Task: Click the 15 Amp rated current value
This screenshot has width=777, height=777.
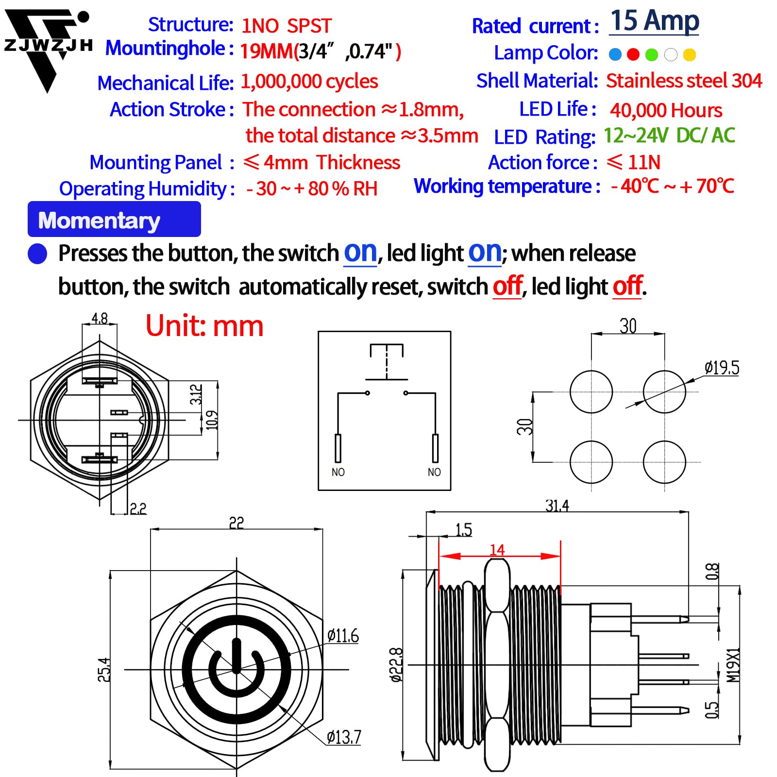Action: coord(654,22)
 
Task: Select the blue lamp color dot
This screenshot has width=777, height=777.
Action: coord(615,54)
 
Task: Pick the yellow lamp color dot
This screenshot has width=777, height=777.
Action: coord(689,54)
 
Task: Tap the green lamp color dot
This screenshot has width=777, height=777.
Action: coord(652,54)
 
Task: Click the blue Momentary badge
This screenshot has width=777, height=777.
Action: coord(114,220)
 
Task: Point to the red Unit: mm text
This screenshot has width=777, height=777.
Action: coord(204,326)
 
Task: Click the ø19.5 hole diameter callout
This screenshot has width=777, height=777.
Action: coord(722,368)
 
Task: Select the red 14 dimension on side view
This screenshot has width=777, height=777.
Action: coord(497,550)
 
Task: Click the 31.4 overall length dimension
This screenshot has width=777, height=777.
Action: coord(557,506)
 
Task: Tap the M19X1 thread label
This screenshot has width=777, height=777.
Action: coord(733,664)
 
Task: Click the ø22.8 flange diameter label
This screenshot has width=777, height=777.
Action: coord(396,664)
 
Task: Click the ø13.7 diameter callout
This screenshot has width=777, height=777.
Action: coord(344,737)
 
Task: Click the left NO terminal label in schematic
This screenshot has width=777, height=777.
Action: coord(338,472)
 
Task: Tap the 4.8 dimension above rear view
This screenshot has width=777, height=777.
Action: coord(100,319)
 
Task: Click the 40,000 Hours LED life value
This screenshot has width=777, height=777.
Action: coord(666,111)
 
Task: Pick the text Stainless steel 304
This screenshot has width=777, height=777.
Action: coord(684,81)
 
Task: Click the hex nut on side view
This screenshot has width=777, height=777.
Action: coord(497,665)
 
